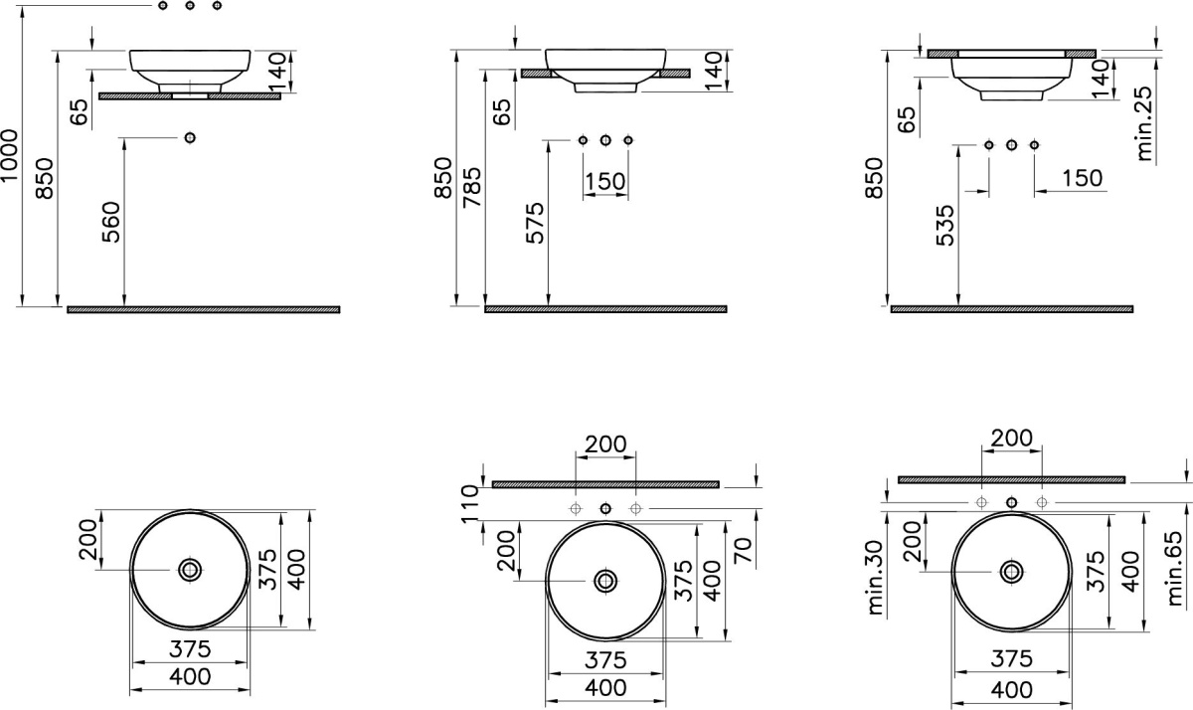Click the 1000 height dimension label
(x=10, y=155)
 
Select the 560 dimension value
(x=111, y=222)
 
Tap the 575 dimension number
(x=535, y=223)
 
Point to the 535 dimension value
(x=945, y=226)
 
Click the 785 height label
(x=472, y=188)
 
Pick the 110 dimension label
(x=471, y=503)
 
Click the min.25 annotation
(x=1144, y=123)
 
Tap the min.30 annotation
(x=876, y=578)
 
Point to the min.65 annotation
(x=1174, y=569)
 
